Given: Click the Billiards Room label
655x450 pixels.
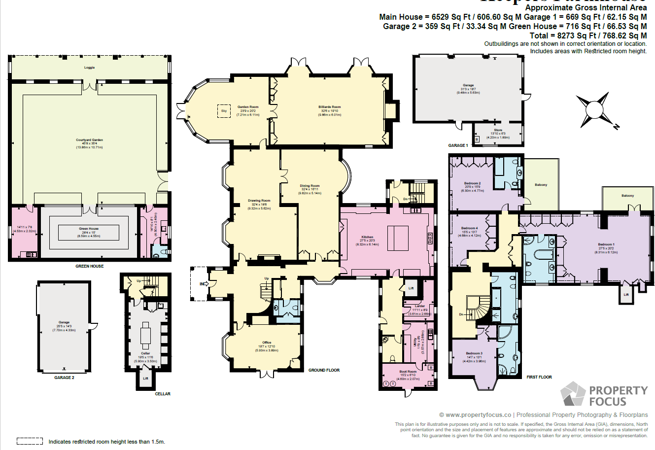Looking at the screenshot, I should pyautogui.click(x=329, y=107).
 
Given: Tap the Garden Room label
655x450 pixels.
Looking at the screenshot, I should pyautogui.click(x=248, y=107).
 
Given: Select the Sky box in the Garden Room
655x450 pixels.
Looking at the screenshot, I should pyautogui.click(x=224, y=111).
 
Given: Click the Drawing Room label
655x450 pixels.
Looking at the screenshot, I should pyautogui.click(x=259, y=201).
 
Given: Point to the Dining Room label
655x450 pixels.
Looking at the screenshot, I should pyautogui.click(x=310, y=186).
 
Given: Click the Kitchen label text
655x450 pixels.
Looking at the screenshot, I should pyautogui.click(x=367, y=237).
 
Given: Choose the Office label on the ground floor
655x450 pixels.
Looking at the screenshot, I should pyautogui.click(x=267, y=343).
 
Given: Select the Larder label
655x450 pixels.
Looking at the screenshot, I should pyautogui.click(x=419, y=306).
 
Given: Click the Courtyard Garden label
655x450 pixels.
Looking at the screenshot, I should pyautogui.click(x=89, y=140).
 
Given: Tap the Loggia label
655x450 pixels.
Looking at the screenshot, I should pyautogui.click(x=89, y=68).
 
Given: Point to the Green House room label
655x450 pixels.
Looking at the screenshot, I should pyautogui.click(x=89, y=229).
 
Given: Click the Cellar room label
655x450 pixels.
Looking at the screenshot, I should pyautogui.click(x=145, y=353).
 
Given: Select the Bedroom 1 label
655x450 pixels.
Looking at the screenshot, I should pyautogui.click(x=606, y=244).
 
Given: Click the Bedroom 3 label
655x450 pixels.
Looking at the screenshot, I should pyautogui.click(x=474, y=353).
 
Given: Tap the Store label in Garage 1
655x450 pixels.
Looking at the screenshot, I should pyautogui.click(x=498, y=130).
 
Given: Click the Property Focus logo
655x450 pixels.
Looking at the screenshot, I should pyautogui.click(x=604, y=395).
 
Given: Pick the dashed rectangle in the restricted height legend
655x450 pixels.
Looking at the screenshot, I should pyautogui.click(x=30, y=441).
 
